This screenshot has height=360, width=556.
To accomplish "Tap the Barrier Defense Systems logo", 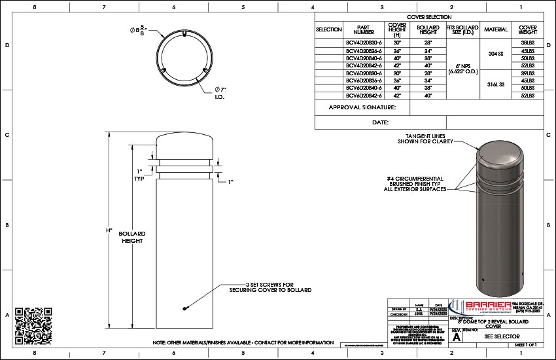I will (x=485, y=308).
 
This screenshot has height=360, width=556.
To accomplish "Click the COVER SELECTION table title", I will (x=429, y=17).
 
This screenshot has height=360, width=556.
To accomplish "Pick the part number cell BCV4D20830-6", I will (x=364, y=42).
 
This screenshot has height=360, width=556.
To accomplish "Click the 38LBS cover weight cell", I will (x=528, y=42).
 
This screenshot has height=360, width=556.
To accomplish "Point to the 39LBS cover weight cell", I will (x=528, y=73).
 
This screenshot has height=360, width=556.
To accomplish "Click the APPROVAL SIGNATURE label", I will (x=362, y=107).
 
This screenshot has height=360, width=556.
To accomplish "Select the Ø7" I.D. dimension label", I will (x=220, y=93).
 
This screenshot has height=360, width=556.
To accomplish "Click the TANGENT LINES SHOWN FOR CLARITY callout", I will (x=426, y=139).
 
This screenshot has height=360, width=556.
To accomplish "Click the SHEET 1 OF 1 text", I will (x=525, y=344).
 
